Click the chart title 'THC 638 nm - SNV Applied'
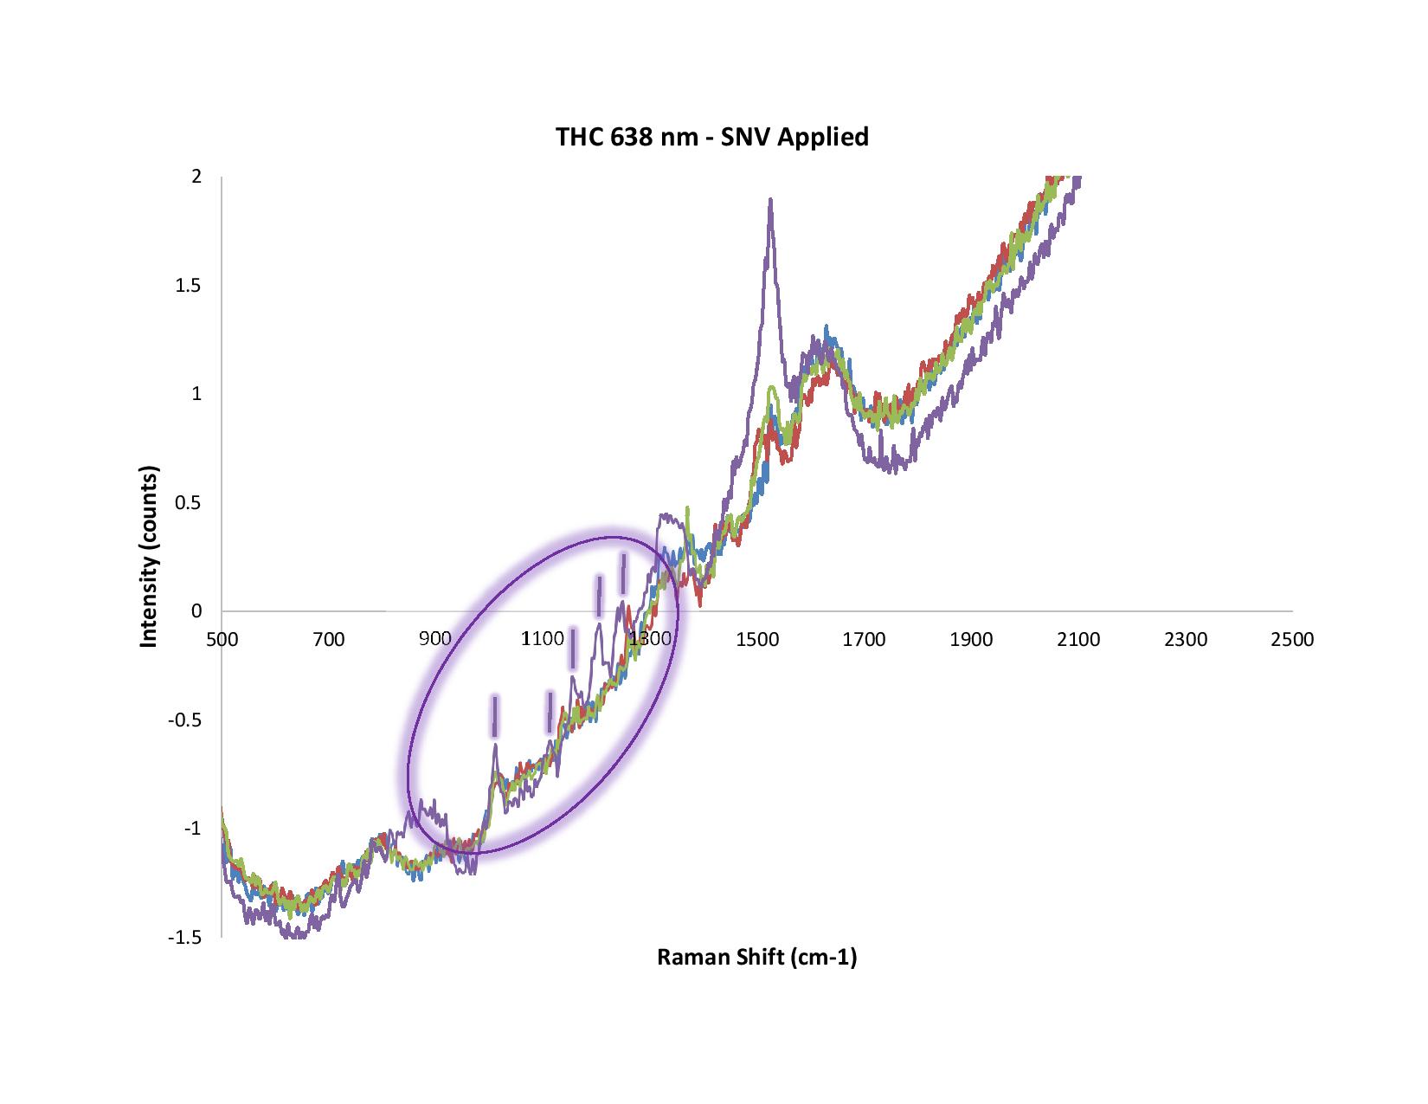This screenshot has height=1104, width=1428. [711, 137]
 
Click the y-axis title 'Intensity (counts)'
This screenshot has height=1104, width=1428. [150, 558]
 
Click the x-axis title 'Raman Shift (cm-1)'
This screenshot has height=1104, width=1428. [756, 957]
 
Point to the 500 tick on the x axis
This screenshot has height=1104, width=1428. [222, 640]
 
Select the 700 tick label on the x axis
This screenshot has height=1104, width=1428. [329, 640]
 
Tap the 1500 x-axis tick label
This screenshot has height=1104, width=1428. [757, 640]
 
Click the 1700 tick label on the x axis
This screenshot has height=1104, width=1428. [864, 640]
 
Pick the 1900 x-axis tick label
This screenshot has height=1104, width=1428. [971, 640]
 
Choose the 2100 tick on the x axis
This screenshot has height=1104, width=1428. [1078, 640]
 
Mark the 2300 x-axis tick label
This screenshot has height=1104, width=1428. [1186, 640]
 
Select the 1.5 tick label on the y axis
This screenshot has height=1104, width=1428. [189, 286]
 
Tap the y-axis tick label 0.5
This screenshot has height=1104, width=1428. [189, 503]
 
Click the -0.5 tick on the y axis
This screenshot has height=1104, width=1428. [185, 720]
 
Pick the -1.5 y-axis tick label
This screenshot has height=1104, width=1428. [185, 937]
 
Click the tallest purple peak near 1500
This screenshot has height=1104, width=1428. [769, 201]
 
